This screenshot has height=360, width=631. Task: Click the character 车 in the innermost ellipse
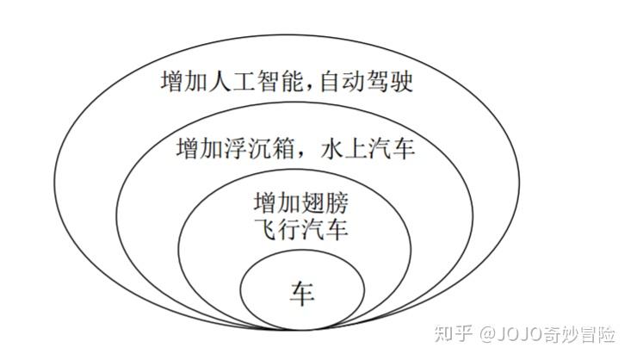[x=302, y=293]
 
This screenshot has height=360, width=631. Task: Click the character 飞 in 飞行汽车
[x=263, y=231]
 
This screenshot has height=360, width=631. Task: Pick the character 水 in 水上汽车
[x=331, y=149]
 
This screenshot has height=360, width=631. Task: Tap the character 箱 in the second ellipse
[x=283, y=149]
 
